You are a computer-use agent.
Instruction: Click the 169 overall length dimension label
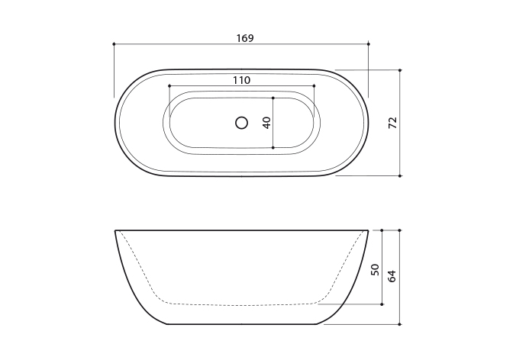coord(244,38)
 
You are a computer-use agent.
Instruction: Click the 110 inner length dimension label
coord(241,80)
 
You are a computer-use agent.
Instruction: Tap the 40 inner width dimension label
coord(266,123)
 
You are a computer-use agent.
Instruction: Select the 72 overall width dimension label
coord(392,123)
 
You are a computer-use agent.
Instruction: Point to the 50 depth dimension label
coord(375,270)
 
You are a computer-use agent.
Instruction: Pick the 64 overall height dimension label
coord(392,276)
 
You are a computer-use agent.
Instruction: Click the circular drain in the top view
coord(241,123)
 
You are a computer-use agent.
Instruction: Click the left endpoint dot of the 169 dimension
coord(114,43)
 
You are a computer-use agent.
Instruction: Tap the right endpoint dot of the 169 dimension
coord(369,43)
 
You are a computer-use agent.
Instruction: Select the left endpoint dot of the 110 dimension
coord(169,86)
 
